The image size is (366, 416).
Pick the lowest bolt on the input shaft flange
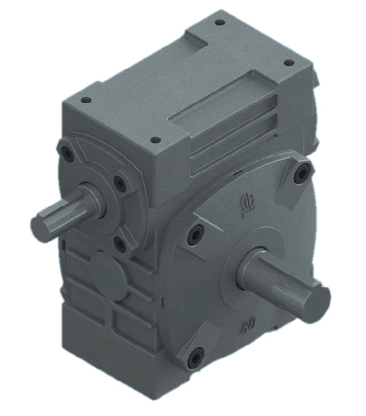pos(120,244)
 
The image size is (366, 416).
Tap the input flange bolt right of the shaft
pos(119,183)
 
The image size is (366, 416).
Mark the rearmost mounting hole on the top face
pos(220,22)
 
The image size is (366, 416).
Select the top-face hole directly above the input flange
pos(85,100)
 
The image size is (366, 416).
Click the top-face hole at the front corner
pos(155,140)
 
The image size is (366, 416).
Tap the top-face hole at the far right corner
pos(289,63)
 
